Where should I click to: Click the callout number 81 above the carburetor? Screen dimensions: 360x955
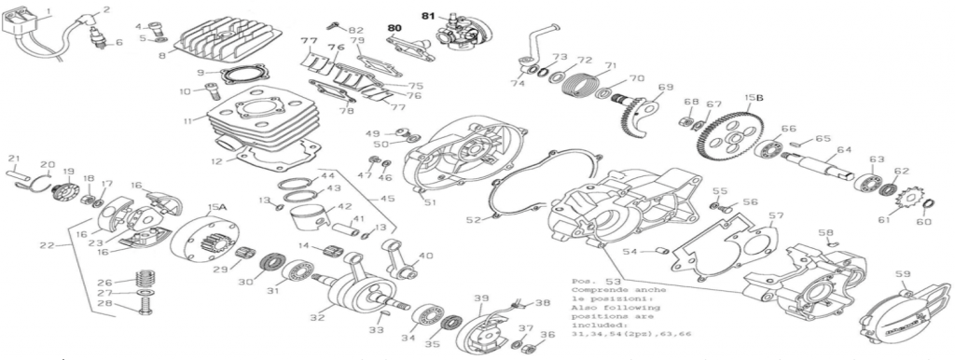click(x=428, y=16)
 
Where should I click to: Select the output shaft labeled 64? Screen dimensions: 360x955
click(x=822, y=169)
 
